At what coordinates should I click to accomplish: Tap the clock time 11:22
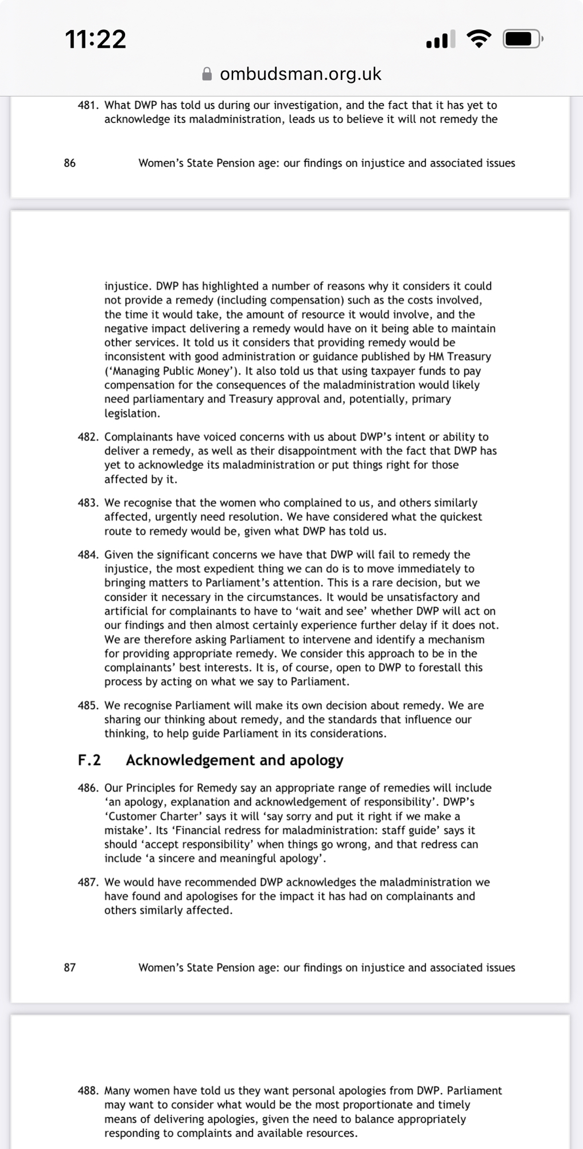95,39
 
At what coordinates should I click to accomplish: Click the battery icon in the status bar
522,39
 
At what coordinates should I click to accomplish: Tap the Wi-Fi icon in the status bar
479,38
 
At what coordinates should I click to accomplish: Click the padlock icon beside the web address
207,74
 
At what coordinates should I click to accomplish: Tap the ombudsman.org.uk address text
300,74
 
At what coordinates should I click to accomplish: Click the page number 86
69,163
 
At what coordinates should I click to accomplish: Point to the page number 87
69,967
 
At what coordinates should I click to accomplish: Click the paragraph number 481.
89,105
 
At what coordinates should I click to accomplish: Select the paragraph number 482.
89,437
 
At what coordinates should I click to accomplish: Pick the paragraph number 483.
89,503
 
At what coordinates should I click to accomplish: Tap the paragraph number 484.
89,554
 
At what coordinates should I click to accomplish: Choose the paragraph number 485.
89,705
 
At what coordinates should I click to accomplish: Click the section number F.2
90,760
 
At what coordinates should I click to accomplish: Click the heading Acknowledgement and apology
234,760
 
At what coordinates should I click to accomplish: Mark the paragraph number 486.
89,788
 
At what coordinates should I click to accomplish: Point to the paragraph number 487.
89,882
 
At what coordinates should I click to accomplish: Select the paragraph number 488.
89,1090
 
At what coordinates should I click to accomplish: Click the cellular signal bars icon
440,39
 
